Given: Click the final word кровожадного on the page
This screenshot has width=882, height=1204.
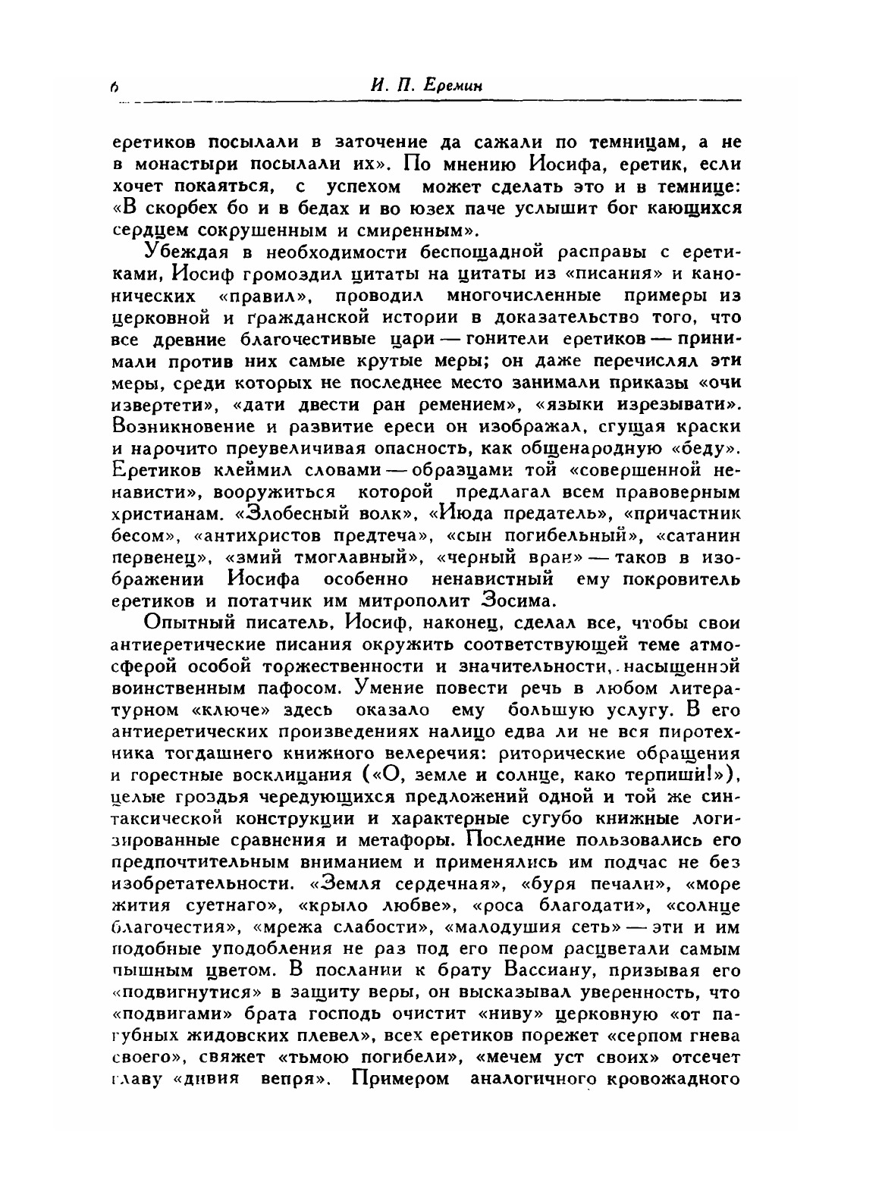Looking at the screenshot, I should pos(668,1080).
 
